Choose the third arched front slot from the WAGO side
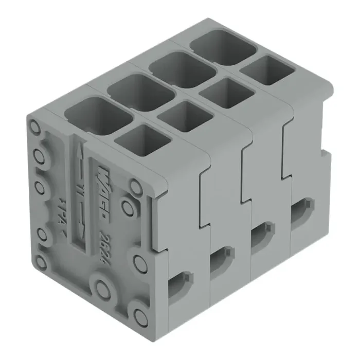click(x=262, y=235)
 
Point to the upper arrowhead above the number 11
click(x=78, y=155)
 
